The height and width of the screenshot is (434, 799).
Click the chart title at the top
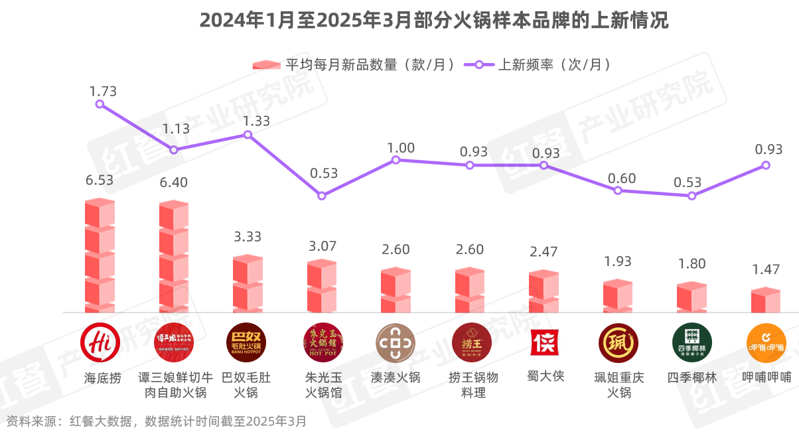click(x=433, y=21)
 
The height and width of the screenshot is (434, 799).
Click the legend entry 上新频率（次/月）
click(x=537, y=64)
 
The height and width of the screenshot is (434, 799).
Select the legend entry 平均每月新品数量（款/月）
click(x=355, y=64)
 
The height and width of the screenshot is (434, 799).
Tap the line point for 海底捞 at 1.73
click(x=100, y=104)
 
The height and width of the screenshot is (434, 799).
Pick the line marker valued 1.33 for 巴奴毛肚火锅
click(x=248, y=135)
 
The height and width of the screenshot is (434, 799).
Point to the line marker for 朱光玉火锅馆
click(x=322, y=196)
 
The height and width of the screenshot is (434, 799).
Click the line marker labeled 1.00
click(x=396, y=160)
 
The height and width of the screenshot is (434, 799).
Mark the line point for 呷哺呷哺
click(x=766, y=165)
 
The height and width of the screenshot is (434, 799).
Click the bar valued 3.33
click(x=248, y=283)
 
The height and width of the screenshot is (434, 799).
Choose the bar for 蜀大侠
click(x=544, y=291)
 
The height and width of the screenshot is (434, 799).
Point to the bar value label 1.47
click(x=765, y=270)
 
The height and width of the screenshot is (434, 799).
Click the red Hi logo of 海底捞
click(x=100, y=342)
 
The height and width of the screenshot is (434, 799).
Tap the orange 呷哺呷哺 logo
click(x=766, y=342)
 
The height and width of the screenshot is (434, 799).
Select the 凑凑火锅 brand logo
click(x=396, y=342)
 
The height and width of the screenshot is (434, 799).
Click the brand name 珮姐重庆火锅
click(x=618, y=385)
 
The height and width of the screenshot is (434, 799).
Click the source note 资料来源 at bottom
click(x=157, y=421)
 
